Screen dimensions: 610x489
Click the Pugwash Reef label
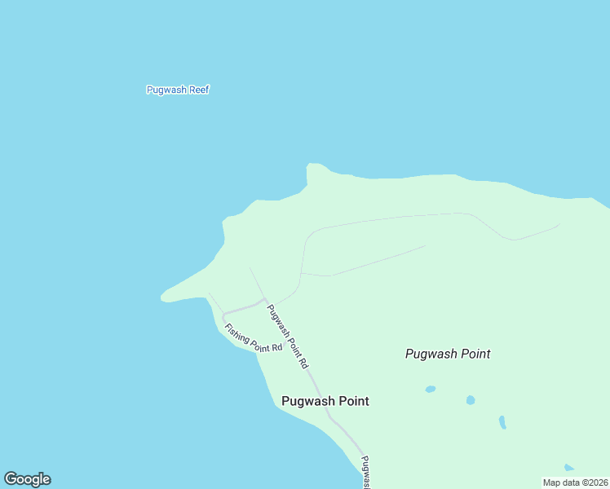click(178, 90)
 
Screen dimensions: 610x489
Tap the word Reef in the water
click(200, 90)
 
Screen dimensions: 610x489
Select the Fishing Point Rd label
click(253, 337)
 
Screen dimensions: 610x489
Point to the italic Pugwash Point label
click(448, 354)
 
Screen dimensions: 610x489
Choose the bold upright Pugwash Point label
click(325, 401)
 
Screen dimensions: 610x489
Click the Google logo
click(27, 479)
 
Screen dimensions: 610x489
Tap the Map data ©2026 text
click(575, 482)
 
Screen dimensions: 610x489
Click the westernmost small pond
click(430, 389)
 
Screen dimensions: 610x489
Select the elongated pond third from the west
click(502, 422)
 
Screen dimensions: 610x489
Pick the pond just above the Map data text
click(568, 468)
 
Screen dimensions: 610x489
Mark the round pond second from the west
click(470, 400)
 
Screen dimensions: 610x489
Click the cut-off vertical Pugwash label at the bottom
click(365, 472)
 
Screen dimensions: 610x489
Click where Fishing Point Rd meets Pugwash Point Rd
click(264, 300)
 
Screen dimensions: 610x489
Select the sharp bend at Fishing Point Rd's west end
click(223, 315)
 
